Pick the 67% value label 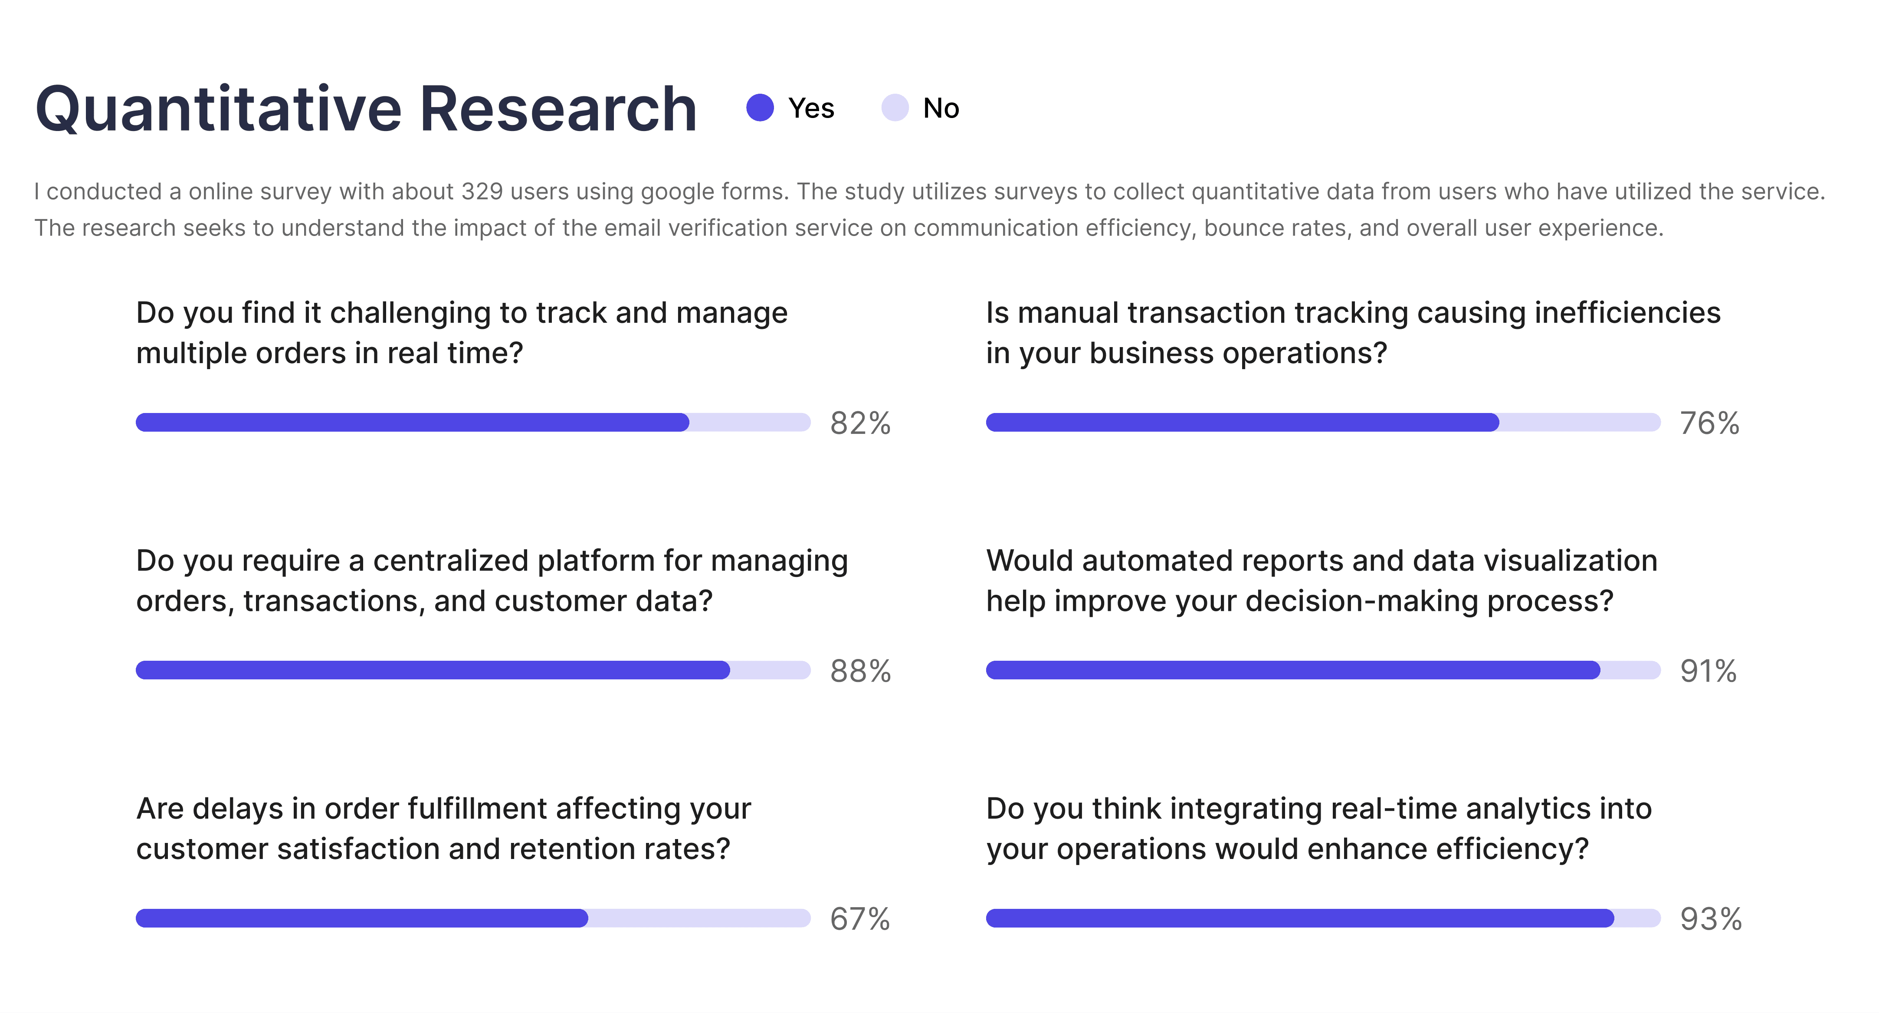[x=859, y=919]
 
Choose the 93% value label [x=1711, y=919]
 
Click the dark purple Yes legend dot [x=760, y=108]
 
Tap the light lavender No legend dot [x=895, y=108]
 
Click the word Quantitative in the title [x=219, y=109]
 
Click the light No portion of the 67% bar [x=699, y=918]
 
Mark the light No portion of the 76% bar [x=1579, y=422]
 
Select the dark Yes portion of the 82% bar [x=412, y=422]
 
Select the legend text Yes [x=811, y=108]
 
